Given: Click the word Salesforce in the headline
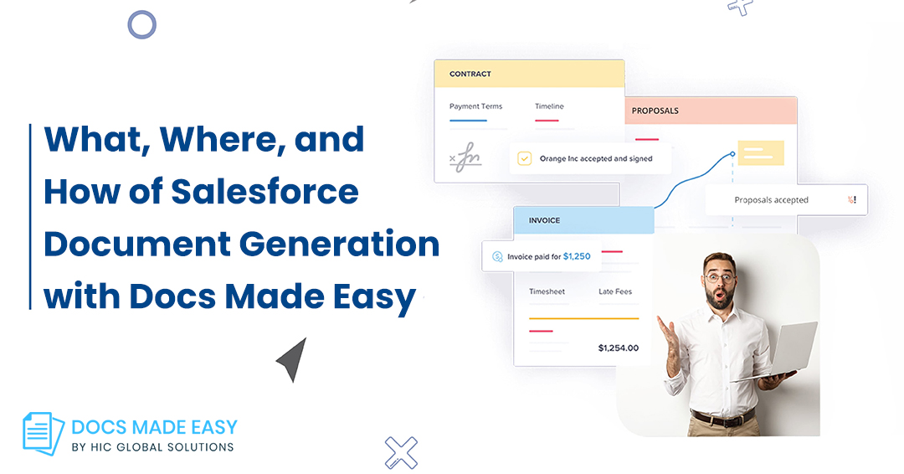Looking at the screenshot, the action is (265, 192).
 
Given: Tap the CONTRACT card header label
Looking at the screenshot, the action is (470, 74).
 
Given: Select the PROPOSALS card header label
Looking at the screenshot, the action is (655, 111).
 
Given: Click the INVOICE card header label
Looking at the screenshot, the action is (544, 220).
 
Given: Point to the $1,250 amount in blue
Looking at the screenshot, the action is (577, 256).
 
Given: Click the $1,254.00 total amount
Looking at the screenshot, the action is (618, 348).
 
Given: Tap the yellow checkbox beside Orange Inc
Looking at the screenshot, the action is (524, 158).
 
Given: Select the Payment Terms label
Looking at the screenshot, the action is (475, 106).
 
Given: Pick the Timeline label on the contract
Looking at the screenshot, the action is (549, 106).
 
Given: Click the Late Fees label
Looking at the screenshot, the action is (615, 291).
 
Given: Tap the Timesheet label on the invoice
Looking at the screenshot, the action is (547, 291).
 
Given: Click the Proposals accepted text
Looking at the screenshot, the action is (771, 200).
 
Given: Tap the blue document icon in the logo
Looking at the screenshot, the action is (43, 433).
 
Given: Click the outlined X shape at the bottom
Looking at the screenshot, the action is (401, 453).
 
